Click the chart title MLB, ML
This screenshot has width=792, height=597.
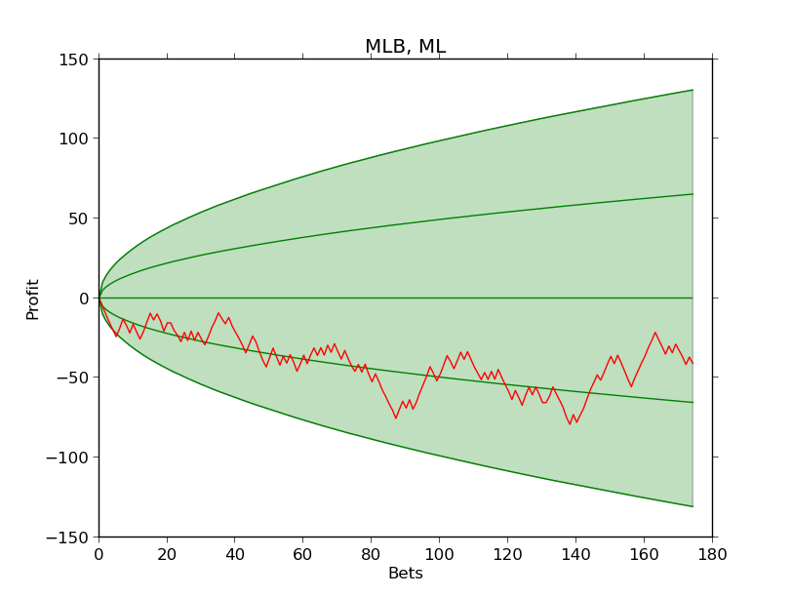[405, 47]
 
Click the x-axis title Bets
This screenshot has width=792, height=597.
[405, 574]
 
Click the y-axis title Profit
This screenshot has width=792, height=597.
[33, 298]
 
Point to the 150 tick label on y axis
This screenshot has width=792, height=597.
[77, 59]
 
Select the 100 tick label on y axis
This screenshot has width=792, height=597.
[77, 139]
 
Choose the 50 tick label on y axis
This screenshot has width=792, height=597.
[81, 219]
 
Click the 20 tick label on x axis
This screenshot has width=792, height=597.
[167, 553]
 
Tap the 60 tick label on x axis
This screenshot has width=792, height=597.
[302, 553]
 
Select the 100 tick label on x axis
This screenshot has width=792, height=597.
[439, 553]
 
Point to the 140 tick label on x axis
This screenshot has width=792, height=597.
[575, 553]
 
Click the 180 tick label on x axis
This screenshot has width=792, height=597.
[711, 553]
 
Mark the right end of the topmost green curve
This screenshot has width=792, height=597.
[693, 90]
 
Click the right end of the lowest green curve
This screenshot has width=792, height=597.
[693, 506]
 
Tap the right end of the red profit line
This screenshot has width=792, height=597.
[693, 363]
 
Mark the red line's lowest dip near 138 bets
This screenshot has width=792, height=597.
[571, 424]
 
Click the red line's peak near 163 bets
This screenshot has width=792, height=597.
[655, 333]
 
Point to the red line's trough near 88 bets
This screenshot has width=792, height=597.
[396, 418]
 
